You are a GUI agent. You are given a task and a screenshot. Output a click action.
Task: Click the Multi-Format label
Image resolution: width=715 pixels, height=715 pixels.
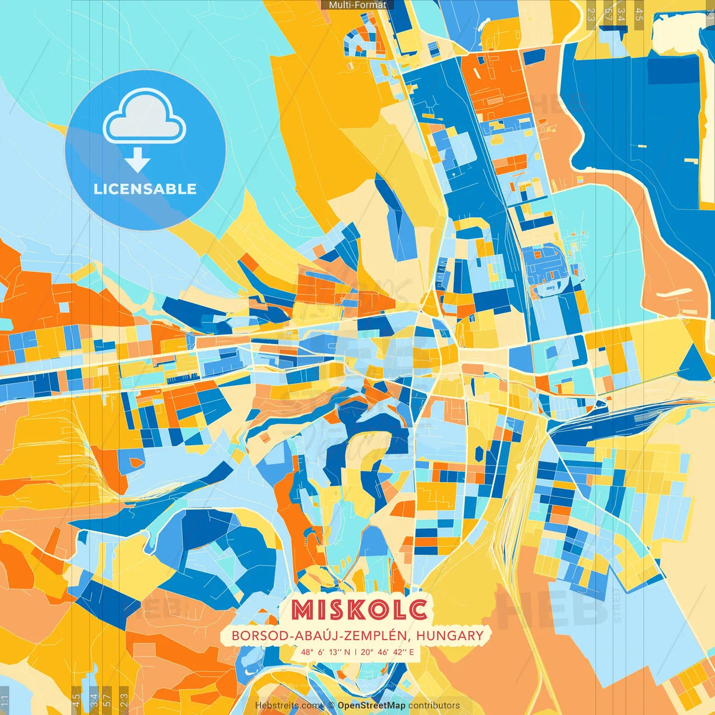(357, 5)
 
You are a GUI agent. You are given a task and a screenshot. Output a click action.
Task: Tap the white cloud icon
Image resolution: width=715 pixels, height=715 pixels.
(145, 117)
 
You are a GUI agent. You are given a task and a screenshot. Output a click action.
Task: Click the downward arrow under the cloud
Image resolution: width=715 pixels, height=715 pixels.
(137, 160)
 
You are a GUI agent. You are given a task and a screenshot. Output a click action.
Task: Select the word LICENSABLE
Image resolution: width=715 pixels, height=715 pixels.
(145, 189)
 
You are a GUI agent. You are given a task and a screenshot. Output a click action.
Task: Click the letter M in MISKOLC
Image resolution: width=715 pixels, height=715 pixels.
(305, 610)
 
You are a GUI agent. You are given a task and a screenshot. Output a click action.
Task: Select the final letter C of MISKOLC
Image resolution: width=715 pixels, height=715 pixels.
(418, 610)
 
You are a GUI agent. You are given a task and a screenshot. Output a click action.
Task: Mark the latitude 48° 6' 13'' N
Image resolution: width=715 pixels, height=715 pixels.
(326, 652)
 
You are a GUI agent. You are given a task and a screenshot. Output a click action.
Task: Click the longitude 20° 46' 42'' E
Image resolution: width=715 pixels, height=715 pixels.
(388, 652)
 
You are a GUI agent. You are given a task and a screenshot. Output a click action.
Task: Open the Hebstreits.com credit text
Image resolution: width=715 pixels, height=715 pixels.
(288, 706)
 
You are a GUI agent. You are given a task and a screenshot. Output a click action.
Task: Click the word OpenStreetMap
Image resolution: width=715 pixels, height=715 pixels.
(371, 706)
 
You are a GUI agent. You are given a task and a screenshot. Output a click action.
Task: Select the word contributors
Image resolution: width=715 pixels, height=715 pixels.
(434, 706)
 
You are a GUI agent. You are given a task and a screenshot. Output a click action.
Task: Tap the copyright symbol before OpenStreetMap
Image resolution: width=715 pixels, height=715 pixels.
(331, 706)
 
